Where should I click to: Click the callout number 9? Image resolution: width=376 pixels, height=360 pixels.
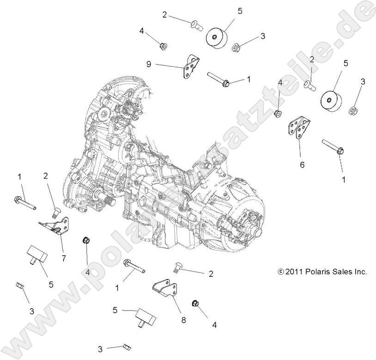tap(149, 65)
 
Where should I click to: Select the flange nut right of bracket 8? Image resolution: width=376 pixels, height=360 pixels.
tap(194, 304)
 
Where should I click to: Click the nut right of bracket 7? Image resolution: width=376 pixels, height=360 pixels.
tap(86, 240)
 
